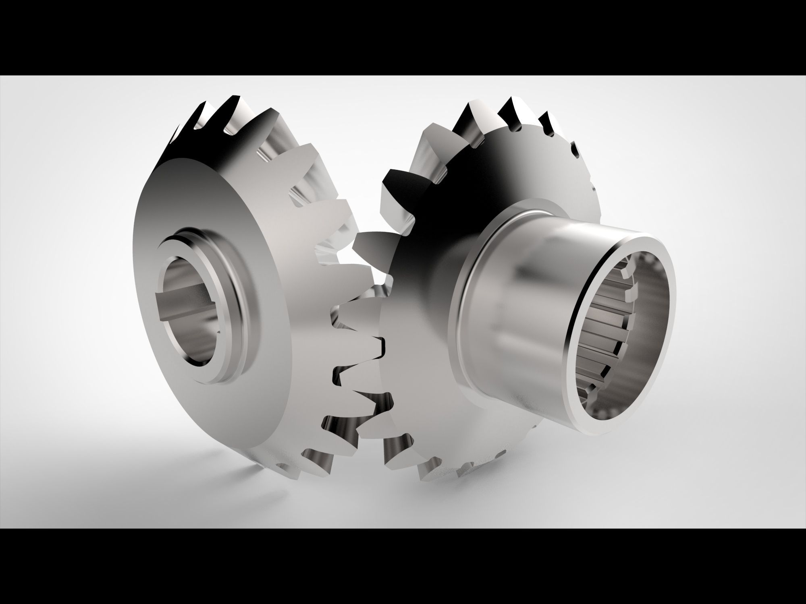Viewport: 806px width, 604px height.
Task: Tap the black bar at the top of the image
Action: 403,36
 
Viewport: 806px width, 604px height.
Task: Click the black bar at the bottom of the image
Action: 403,568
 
